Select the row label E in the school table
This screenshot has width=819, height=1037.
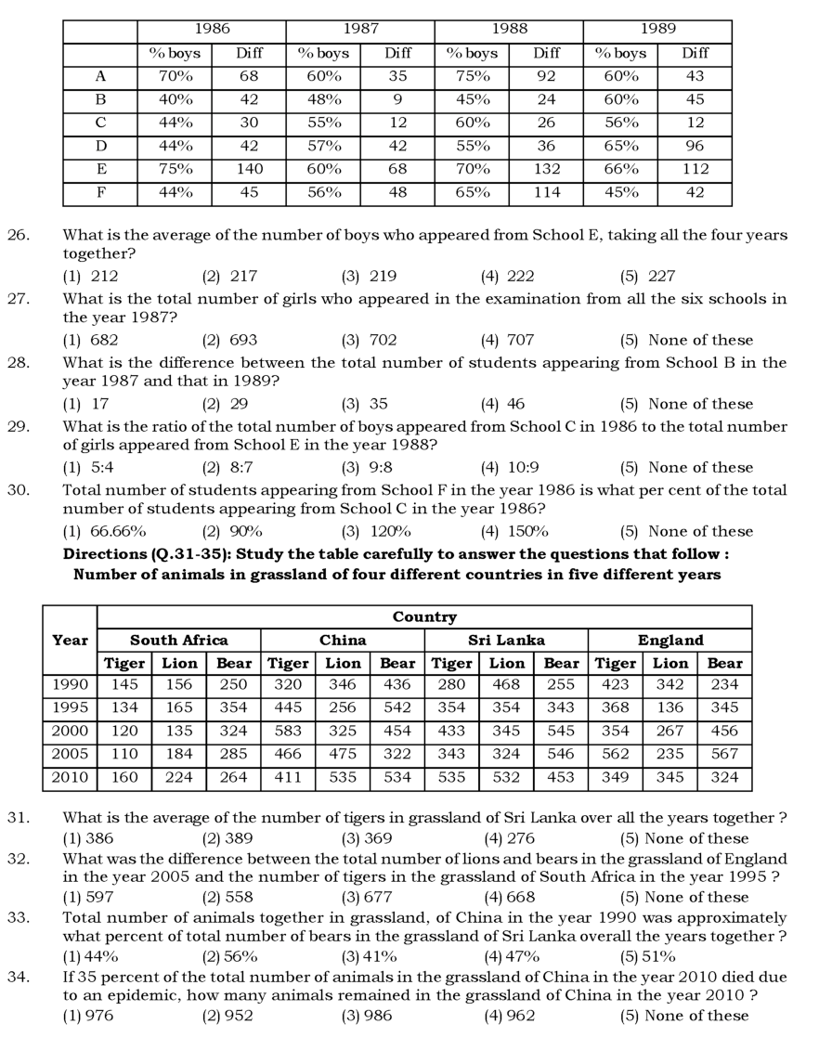(100, 169)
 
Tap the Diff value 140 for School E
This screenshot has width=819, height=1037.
(249, 169)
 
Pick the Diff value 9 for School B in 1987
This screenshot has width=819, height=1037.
(397, 99)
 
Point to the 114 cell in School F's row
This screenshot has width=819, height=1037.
(546, 193)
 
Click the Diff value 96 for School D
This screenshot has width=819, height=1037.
(695, 146)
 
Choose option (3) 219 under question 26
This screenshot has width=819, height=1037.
(369, 276)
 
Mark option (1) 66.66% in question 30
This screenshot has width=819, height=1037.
(104, 532)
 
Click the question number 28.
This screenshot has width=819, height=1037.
(19, 362)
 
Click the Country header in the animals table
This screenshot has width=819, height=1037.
(424, 616)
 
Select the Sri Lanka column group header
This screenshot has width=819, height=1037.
(506, 640)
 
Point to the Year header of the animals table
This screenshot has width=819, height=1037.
(70, 640)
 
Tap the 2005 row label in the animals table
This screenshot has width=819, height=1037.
(70, 755)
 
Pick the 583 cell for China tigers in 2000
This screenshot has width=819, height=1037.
(288, 732)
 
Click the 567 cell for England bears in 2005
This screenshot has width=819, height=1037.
(724, 755)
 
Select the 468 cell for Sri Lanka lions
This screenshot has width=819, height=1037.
(507, 685)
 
